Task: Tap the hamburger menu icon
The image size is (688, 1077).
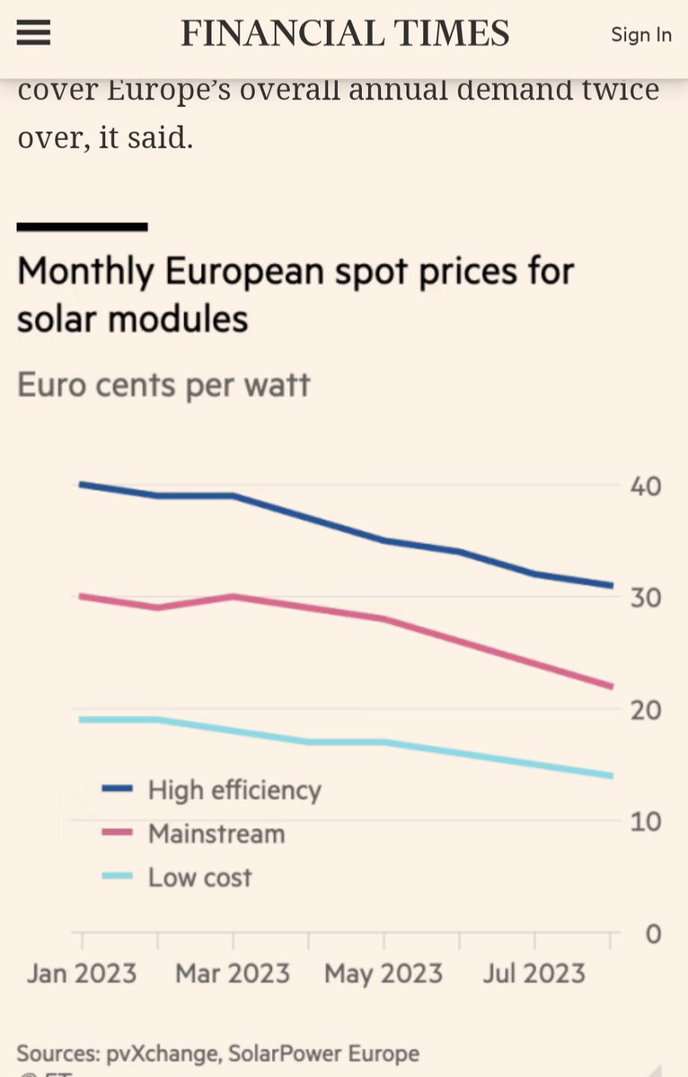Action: pos(33,34)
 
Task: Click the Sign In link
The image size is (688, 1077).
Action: pos(640,35)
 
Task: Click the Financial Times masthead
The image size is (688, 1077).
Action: pos(345,34)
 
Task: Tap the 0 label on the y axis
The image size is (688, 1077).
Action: pos(653,934)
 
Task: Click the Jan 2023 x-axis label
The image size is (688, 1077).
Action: pos(82,974)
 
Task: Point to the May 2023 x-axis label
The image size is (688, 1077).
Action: pos(384,974)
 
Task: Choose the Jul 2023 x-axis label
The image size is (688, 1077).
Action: pos(535,974)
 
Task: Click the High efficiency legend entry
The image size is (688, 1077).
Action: pos(234,790)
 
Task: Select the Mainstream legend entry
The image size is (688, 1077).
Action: pos(216,834)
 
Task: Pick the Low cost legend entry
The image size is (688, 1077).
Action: pos(199,877)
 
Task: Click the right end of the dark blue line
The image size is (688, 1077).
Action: pos(611,585)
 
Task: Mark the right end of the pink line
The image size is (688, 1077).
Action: pos(611,687)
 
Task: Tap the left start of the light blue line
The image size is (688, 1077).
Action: pos(82,719)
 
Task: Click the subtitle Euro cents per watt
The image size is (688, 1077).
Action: pos(163,385)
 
